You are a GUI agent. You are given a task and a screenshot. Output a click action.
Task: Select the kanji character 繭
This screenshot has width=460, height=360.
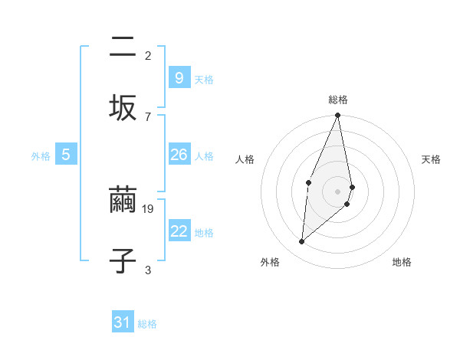coord(123,202)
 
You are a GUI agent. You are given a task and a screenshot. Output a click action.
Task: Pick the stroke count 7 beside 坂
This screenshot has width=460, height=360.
coord(147,116)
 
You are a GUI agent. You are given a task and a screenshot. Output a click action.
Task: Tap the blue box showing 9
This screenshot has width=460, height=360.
coord(179,78)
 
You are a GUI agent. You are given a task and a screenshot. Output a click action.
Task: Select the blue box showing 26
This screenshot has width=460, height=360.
coord(179,155)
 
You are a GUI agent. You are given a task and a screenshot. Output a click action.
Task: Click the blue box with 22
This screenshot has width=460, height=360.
coord(179,231)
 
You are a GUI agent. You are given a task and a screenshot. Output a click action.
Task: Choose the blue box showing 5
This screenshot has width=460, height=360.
coord(66,155)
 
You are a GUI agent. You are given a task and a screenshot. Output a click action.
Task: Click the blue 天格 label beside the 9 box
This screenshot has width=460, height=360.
coord(204,80)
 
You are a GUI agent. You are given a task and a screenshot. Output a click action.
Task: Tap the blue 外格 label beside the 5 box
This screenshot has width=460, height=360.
coord(41,156)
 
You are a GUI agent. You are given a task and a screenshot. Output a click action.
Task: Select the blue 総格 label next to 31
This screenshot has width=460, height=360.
coord(147,325)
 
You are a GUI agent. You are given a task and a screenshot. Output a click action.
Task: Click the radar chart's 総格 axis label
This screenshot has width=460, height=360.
coord(338,100)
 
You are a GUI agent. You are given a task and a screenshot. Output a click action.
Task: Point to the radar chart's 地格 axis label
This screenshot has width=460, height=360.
coord(402,262)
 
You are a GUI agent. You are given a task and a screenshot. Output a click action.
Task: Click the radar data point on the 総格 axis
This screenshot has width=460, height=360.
coord(337,116)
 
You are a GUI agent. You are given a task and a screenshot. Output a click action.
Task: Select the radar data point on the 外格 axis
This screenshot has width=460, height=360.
coord(302,242)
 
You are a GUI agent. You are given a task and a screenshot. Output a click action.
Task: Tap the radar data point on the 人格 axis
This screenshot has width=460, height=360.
coord(308,182)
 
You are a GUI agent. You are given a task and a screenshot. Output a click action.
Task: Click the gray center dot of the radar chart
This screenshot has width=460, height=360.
coord(337,191)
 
